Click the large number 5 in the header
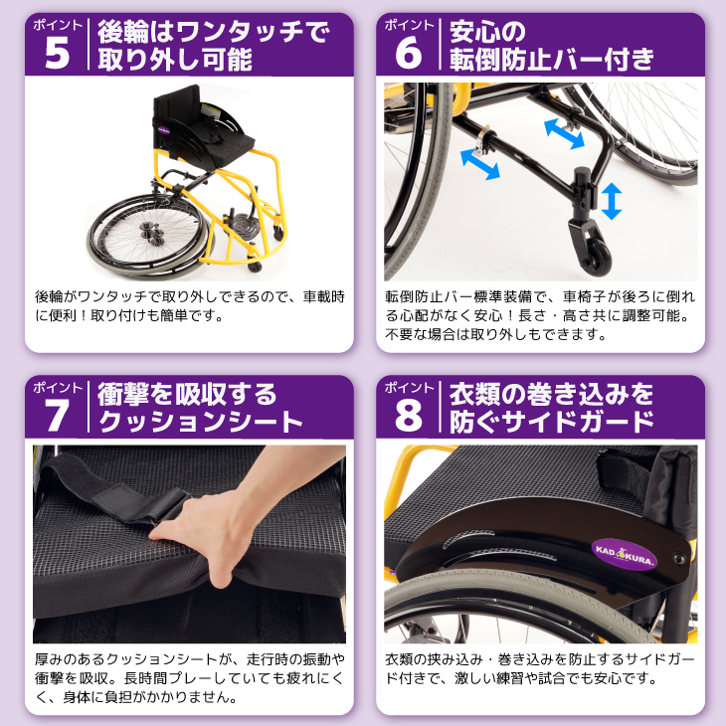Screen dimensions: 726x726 (58, 54)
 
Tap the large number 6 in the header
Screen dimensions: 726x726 (409, 54)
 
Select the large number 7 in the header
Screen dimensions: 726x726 (58, 415)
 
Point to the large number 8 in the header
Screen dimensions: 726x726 (409, 415)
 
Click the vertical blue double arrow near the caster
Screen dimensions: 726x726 (612, 201)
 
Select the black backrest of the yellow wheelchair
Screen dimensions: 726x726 (179, 117)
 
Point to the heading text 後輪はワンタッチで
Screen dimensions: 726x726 (214, 33)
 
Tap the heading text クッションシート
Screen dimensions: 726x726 (199, 422)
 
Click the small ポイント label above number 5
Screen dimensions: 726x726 (58, 23)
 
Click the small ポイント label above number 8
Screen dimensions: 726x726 (409, 385)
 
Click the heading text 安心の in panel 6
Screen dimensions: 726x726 (487, 31)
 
